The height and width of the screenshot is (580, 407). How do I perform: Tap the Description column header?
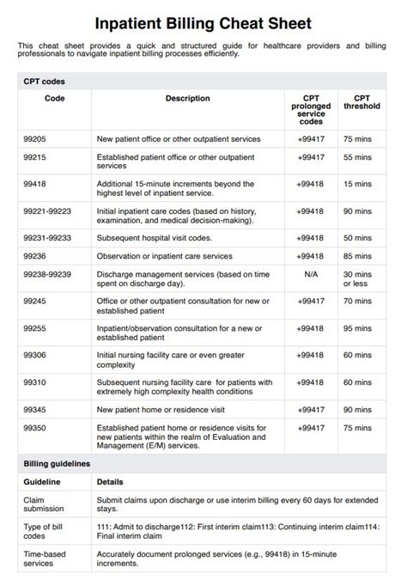(187, 99)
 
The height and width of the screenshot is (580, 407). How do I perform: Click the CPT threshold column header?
(355, 103)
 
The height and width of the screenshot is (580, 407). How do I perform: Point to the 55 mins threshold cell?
(357, 158)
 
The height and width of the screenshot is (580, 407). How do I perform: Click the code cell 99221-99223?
(47, 211)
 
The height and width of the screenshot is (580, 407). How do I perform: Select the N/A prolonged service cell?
(310, 274)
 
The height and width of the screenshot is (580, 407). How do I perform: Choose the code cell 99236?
(34, 256)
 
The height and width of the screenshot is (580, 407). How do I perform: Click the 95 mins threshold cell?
(357, 328)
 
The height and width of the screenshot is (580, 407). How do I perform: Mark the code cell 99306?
(34, 355)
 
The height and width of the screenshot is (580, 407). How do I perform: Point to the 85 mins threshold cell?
(357, 256)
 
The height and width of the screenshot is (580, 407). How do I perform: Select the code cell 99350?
(34, 427)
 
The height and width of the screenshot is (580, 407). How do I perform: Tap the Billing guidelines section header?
(57, 464)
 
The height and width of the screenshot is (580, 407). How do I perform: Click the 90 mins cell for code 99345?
(357, 410)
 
